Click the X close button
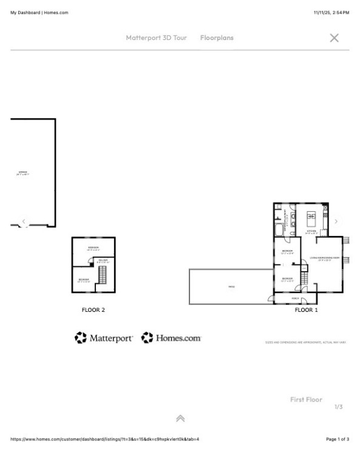coord(334,38)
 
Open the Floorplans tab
coord(217,38)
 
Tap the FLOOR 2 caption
coord(93,310)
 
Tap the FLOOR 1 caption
coord(307,310)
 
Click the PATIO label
coord(231,286)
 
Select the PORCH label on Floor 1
coord(295,299)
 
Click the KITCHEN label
coord(311,231)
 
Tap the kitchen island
coord(313,215)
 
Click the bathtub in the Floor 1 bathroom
coord(279,230)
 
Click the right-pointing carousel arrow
coord(336,221)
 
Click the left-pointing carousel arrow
coord(24,221)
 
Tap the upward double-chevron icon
coord(180,419)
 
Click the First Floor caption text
coord(306,399)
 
